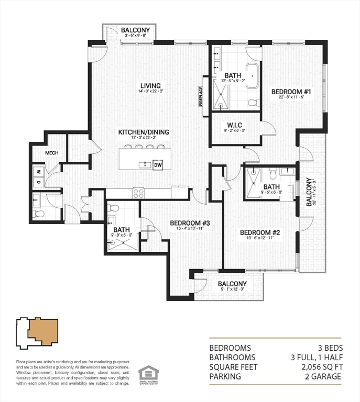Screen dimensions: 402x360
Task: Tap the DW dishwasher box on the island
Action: [x=158, y=165]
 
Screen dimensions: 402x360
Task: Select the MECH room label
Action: [x=51, y=153]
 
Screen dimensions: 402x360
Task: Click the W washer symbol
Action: [x=38, y=171]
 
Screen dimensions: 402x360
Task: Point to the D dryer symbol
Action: [x=38, y=182]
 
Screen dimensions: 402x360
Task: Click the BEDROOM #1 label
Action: [x=291, y=92]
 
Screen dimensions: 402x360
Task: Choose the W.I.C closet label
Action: [x=234, y=125]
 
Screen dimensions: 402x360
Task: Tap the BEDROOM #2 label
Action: [x=260, y=232]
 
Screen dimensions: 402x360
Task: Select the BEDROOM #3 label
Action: [x=190, y=223]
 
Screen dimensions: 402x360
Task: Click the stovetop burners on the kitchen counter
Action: [x=138, y=193]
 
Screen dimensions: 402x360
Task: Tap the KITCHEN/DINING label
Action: [x=143, y=132]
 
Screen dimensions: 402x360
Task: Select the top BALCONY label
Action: [x=136, y=31]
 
